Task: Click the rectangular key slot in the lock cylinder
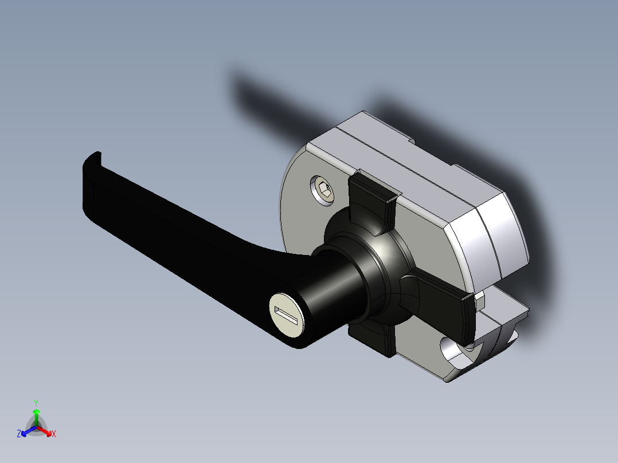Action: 287,315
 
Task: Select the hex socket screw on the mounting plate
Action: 323,190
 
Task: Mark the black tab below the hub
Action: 373,338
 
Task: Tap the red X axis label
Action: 54,434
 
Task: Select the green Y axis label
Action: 36,403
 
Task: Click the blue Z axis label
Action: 19,434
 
